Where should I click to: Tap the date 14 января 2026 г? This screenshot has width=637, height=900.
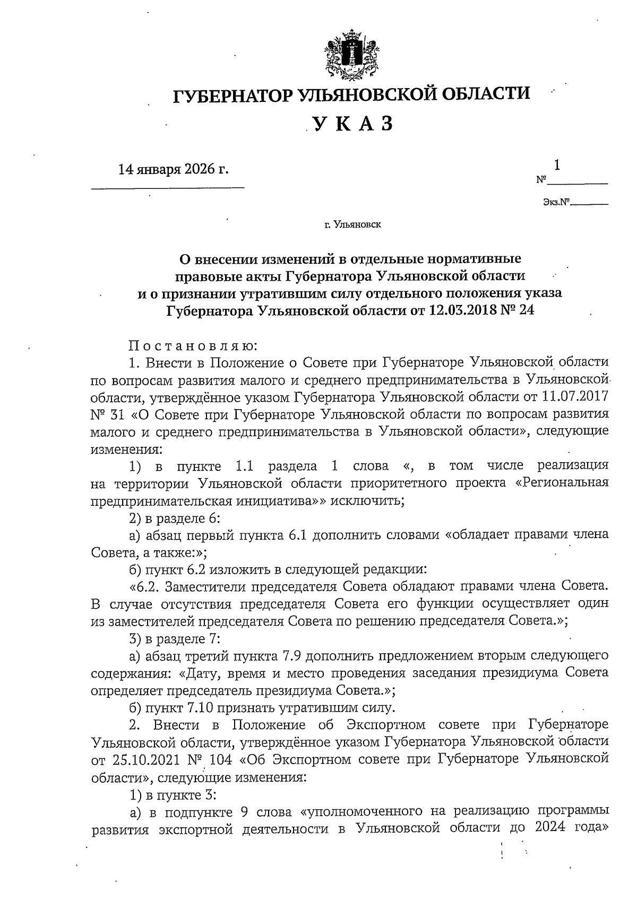click(x=174, y=169)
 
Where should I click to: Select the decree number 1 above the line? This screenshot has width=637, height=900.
click(x=557, y=166)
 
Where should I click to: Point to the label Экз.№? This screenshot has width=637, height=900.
click(x=556, y=202)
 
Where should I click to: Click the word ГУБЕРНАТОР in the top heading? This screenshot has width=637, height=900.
click(x=234, y=96)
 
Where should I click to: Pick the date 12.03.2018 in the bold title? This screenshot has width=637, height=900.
click(x=465, y=310)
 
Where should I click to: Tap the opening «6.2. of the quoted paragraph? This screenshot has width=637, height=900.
click(x=147, y=586)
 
